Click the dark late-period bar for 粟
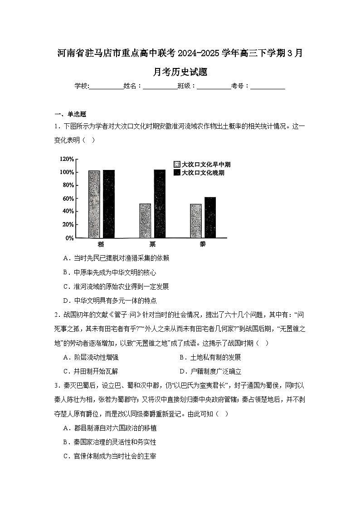pos(160,204)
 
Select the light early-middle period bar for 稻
pos(94,204)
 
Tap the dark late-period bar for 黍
pos(210,217)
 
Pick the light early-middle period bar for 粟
pos(145,221)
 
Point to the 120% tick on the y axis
pos(66,159)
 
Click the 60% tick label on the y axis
pos(68,199)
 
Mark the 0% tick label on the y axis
pos(69,238)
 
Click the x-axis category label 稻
pos(101,245)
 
